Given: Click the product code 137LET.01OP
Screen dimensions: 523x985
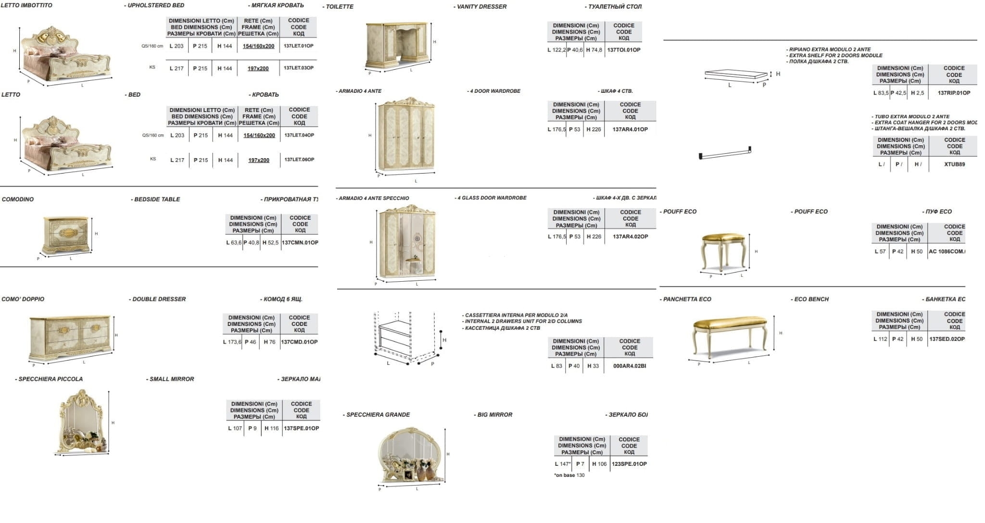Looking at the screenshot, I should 298,46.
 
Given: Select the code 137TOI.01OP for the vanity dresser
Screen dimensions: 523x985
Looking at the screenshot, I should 623,50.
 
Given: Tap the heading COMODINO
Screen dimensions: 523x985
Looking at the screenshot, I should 18,199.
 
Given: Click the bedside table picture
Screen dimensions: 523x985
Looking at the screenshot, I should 66,235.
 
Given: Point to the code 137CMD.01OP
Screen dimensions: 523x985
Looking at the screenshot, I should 299,342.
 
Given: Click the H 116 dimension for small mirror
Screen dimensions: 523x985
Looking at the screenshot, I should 271,428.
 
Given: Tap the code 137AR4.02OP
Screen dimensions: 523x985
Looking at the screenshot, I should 630,237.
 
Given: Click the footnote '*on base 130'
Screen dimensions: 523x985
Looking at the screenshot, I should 569,475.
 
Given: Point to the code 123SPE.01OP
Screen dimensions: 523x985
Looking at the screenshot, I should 629,464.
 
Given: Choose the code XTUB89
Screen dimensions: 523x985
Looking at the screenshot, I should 954,164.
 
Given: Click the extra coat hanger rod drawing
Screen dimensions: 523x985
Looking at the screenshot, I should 725,153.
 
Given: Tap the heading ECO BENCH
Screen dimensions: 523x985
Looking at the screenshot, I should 811,299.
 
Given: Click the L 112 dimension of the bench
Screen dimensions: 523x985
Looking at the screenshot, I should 880,339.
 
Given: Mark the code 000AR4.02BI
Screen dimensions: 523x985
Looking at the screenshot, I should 630,366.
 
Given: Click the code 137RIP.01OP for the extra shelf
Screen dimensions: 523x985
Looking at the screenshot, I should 954,93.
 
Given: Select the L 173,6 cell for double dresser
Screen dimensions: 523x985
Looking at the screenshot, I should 232,342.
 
